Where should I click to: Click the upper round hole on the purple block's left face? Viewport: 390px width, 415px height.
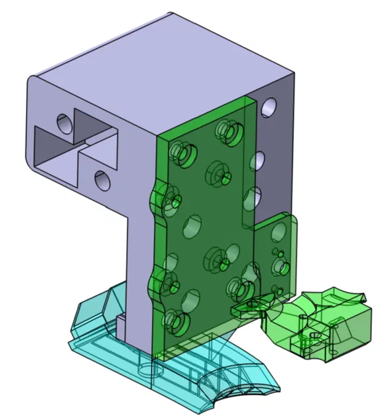pyautogui.click(x=64, y=123)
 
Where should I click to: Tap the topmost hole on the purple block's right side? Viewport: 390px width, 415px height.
pyautogui.click(x=269, y=106)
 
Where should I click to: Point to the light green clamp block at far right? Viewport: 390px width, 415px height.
pyautogui.click(x=332, y=325)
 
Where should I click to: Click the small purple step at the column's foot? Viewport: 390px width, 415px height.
pyautogui.click(x=123, y=325)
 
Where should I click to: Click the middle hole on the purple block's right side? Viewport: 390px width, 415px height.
pyautogui.click(x=259, y=159)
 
